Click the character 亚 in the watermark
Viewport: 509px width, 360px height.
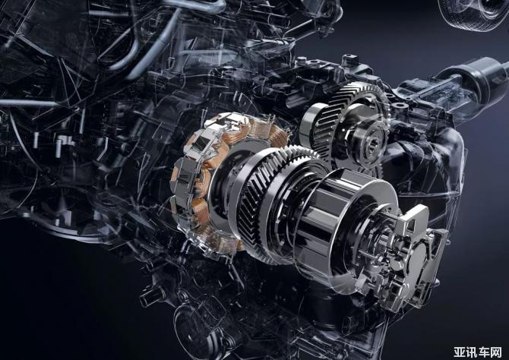coord(460,352)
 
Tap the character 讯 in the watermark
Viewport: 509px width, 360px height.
coord(471,352)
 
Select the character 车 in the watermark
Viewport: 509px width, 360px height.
coord(484,352)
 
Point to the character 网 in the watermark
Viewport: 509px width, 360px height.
coord(495,352)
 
